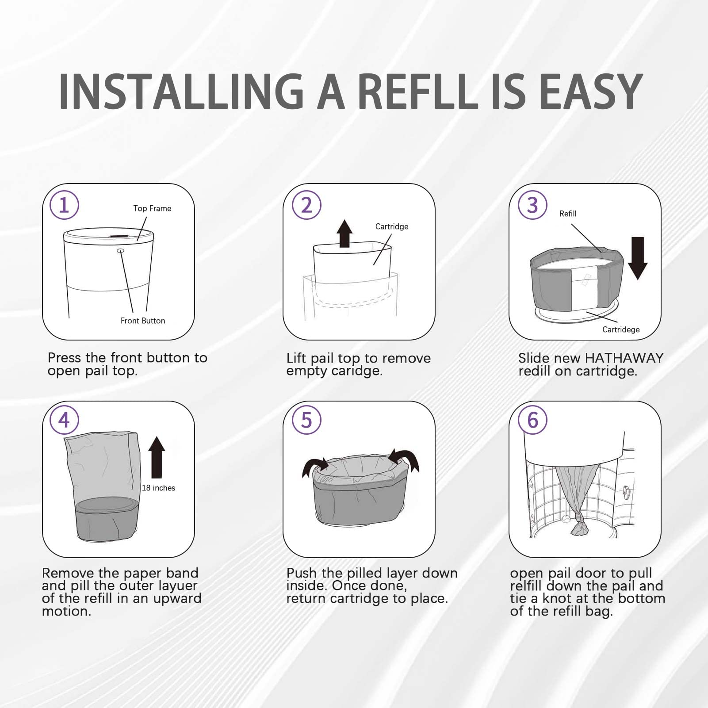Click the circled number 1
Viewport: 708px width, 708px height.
pyautogui.click(x=64, y=205)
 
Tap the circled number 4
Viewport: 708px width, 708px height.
pyautogui.click(x=64, y=420)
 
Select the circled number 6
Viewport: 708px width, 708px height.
pyautogui.click(x=532, y=420)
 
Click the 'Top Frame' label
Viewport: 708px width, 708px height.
pyautogui.click(x=152, y=208)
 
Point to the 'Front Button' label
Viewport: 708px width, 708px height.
pyautogui.click(x=142, y=321)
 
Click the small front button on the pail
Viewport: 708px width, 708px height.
pyautogui.click(x=120, y=251)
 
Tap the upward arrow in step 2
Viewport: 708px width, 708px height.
pyautogui.click(x=344, y=233)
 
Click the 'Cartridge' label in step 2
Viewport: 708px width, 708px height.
pyautogui.click(x=391, y=226)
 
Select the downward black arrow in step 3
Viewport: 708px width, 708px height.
pyautogui.click(x=637, y=258)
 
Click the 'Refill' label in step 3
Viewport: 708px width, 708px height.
pyautogui.click(x=567, y=214)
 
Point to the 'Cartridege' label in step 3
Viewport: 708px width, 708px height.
pyautogui.click(x=620, y=329)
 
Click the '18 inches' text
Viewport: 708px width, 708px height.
pyautogui.click(x=158, y=488)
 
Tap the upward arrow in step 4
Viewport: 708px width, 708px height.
pyautogui.click(x=157, y=457)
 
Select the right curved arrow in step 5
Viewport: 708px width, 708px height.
pyautogui.click(x=405, y=460)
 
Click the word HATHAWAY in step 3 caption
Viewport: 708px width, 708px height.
pyautogui.click(x=624, y=358)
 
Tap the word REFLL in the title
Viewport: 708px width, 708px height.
pyautogui.click(x=417, y=91)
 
